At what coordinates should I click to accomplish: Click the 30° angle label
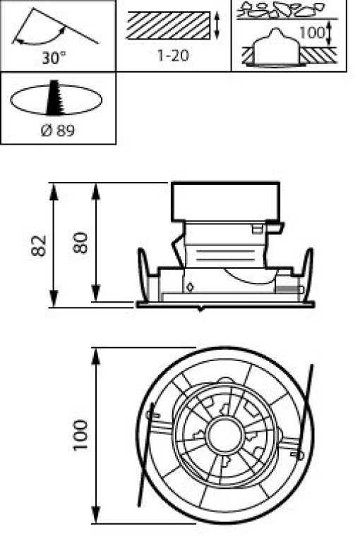click(x=54, y=58)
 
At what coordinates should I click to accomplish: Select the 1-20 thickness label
click(x=173, y=55)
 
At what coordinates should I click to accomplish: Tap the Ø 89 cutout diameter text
click(x=58, y=130)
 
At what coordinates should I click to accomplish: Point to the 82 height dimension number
click(x=38, y=245)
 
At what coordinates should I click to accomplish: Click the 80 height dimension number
click(x=80, y=243)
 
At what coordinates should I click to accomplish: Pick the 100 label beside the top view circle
click(x=80, y=435)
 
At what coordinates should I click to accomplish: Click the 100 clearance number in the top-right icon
click(x=312, y=32)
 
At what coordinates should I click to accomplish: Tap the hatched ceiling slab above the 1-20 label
click(x=169, y=25)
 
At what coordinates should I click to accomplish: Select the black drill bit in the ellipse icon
click(x=54, y=97)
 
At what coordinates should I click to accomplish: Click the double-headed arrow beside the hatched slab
click(x=217, y=25)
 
